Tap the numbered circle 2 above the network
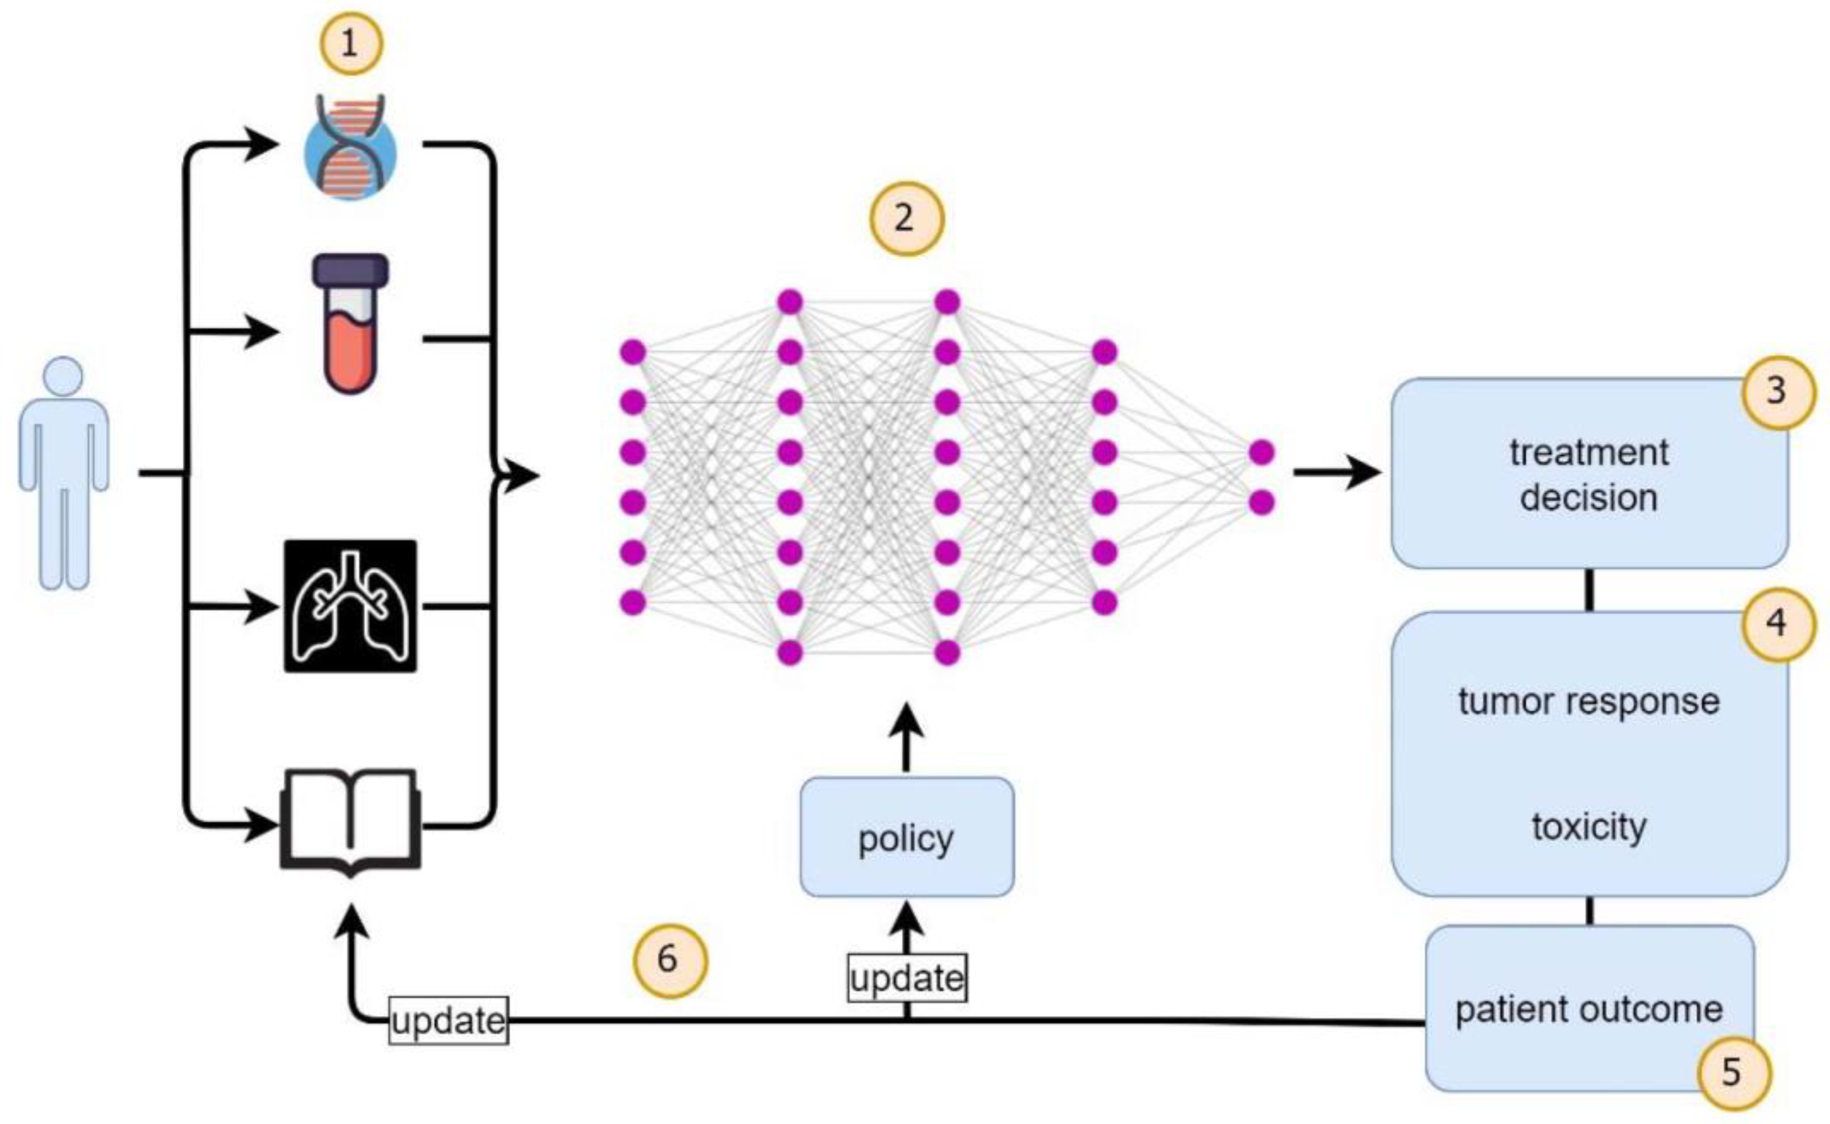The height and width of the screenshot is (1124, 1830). coord(906,219)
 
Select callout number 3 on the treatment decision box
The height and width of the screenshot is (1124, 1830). coord(1776,390)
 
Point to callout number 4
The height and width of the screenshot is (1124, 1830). coord(1776,623)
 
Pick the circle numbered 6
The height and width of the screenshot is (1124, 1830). coord(670,959)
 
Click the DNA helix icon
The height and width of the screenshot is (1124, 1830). coord(350,146)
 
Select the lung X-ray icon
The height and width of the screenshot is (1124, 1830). coord(350,606)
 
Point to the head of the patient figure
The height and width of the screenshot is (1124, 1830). coord(63,377)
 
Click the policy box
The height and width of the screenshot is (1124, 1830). coord(906,838)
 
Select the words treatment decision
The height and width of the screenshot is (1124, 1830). coord(1589,475)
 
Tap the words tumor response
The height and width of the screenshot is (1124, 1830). coord(1589,702)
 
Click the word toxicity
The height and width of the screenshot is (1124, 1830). coord(1589,827)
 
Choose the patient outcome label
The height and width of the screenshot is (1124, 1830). coord(1589,1010)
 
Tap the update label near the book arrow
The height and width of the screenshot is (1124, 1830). coord(449,1020)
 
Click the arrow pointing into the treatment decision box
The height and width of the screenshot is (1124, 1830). coord(1337,472)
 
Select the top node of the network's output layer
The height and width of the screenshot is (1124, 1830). coord(1262,452)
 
